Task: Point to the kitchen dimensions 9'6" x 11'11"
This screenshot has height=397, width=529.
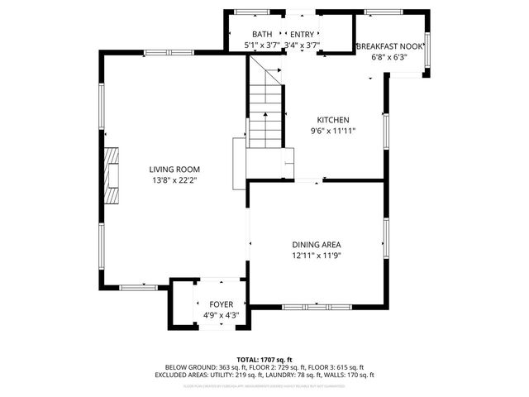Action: tap(332, 131)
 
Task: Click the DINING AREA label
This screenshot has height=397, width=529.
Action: tap(316, 244)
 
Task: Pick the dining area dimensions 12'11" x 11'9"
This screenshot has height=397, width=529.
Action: tap(316, 256)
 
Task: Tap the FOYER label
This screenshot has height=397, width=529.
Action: tap(221, 304)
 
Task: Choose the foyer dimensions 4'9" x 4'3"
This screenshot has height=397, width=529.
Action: tap(221, 315)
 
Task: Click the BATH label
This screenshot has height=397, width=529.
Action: tap(262, 34)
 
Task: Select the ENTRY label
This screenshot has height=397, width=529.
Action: tap(302, 34)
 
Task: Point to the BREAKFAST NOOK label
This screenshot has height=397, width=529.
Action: tap(389, 47)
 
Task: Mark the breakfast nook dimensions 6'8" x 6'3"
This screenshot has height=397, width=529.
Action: tap(389, 58)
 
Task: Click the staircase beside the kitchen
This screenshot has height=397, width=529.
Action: tap(266, 116)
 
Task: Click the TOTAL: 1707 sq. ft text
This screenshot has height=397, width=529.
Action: tap(264, 359)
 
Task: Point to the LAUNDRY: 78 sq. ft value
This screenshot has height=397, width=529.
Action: tap(288, 375)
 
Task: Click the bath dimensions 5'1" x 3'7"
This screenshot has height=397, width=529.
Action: tap(262, 45)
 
